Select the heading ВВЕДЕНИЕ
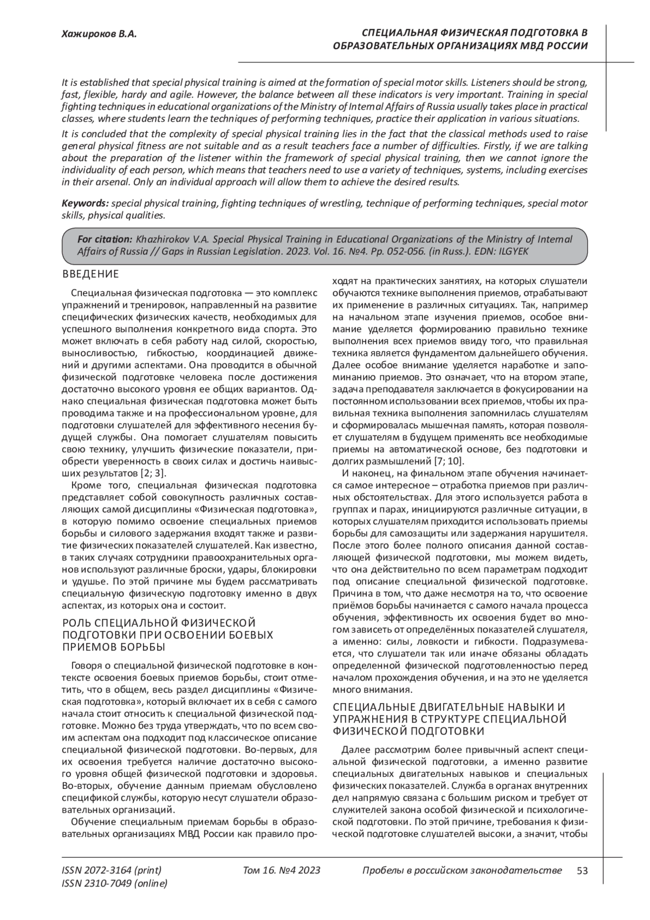tap(90, 274)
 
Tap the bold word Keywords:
tap(86, 203)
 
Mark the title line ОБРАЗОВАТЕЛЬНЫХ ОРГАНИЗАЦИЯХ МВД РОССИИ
tap(460, 46)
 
